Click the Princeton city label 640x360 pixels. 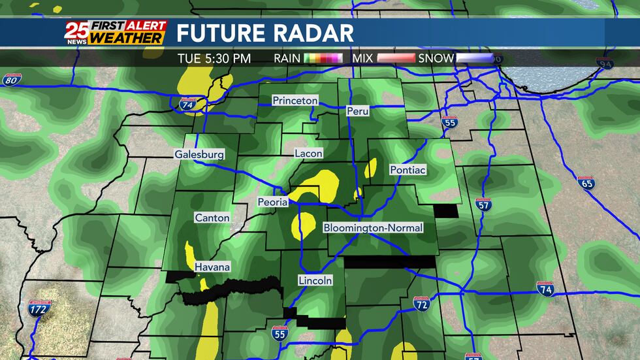coord(295,101)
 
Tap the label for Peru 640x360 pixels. coord(358,111)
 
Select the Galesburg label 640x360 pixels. coord(199,155)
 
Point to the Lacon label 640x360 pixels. coord(309,153)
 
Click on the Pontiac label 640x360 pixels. coord(408,170)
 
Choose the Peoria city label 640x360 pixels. coord(272,202)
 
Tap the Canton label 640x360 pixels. coord(212,218)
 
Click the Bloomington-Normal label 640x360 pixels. coord(373,228)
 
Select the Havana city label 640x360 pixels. coord(212,267)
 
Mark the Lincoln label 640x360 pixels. coord(315,280)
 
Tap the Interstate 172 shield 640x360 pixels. coord(39,308)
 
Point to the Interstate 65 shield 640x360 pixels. coord(586,182)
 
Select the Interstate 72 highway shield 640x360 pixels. coord(421,303)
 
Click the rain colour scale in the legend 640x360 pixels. coord(325,59)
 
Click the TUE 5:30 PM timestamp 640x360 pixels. coord(214,59)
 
